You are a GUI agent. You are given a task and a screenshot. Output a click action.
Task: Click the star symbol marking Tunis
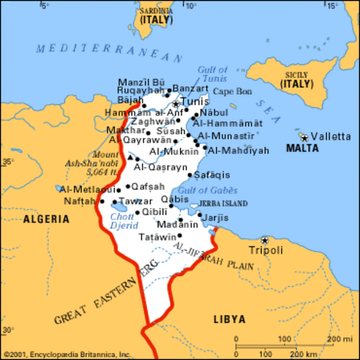tap(176, 103)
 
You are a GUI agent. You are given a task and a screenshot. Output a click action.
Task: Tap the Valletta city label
tap(331, 136)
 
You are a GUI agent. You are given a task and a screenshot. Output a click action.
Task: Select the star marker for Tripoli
tap(263, 240)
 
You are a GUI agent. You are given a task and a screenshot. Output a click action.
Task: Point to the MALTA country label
tap(302, 148)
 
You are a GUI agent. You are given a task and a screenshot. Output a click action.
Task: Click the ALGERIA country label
tap(46, 220)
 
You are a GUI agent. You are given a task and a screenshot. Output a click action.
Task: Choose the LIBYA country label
tap(228, 319)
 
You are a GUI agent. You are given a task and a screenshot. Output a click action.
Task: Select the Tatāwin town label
tap(156, 236)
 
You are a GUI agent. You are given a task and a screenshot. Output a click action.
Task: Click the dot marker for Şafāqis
tap(189, 175)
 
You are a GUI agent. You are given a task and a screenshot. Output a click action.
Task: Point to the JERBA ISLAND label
tap(222, 203)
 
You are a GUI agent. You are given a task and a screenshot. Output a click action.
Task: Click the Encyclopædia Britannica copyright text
tap(67, 354)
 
